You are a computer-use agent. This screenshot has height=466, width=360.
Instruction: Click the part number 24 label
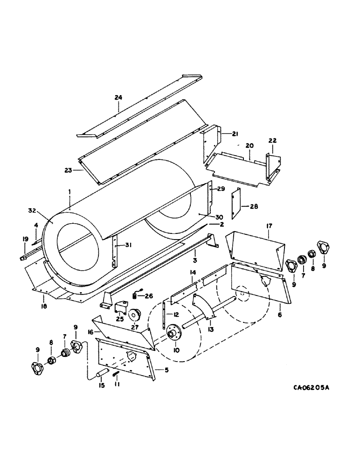tap(118, 97)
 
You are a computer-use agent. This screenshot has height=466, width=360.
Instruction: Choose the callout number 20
tap(249, 146)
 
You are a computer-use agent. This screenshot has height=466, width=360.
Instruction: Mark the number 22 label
tap(273, 141)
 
